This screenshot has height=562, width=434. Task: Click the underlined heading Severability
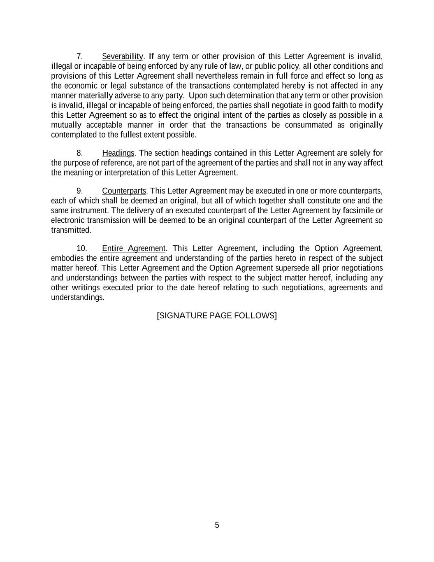click(x=122, y=56)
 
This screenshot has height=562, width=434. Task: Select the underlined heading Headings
click(x=118, y=153)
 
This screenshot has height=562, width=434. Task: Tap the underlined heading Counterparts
click(x=124, y=191)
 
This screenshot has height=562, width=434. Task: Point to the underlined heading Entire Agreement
click(x=134, y=249)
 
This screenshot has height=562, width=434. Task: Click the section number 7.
click(x=80, y=56)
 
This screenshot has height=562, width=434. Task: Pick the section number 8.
click(x=80, y=153)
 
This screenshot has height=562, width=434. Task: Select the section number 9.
click(x=80, y=191)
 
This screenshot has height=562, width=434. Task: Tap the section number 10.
click(x=82, y=249)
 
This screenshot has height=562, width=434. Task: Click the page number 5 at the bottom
click(x=217, y=525)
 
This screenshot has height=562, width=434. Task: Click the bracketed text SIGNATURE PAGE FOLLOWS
click(x=217, y=316)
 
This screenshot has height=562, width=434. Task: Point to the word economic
click(x=81, y=86)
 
